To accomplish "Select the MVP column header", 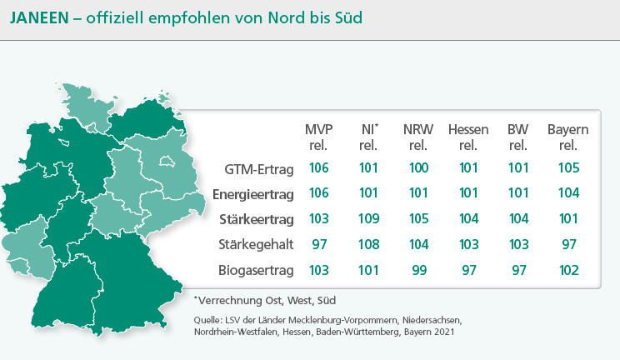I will point(319,137).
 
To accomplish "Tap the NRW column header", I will point(418,137).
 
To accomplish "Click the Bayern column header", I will point(568,137).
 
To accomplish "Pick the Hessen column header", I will point(468,137).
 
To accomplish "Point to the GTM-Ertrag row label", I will point(260,168).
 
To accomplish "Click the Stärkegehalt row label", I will point(257,245).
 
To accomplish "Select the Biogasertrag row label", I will point(257,270).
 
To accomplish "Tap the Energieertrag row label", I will point(253,194).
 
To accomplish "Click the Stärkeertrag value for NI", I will point(369,219).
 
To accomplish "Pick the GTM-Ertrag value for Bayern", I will point(569,168).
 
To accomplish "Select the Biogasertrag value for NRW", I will point(419,270).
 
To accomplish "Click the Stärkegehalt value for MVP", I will point(319,245).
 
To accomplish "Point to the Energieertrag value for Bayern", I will point(569,194).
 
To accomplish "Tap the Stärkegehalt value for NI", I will point(369,245).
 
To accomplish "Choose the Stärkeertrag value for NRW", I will point(419,219).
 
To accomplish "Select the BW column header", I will point(518,137).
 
